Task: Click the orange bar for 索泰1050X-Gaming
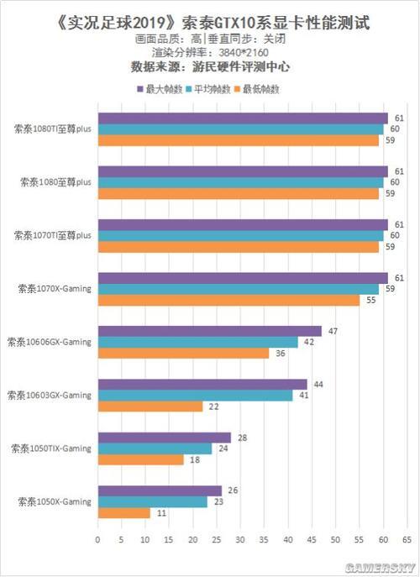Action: coord(124,513)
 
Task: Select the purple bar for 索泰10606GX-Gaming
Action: coord(210,331)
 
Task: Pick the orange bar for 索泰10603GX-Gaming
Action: coord(150,407)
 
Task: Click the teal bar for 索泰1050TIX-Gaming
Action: coord(155,448)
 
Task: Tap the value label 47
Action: coord(333,331)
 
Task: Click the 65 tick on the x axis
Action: coord(407,539)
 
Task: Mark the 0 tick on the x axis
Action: coord(98,539)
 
